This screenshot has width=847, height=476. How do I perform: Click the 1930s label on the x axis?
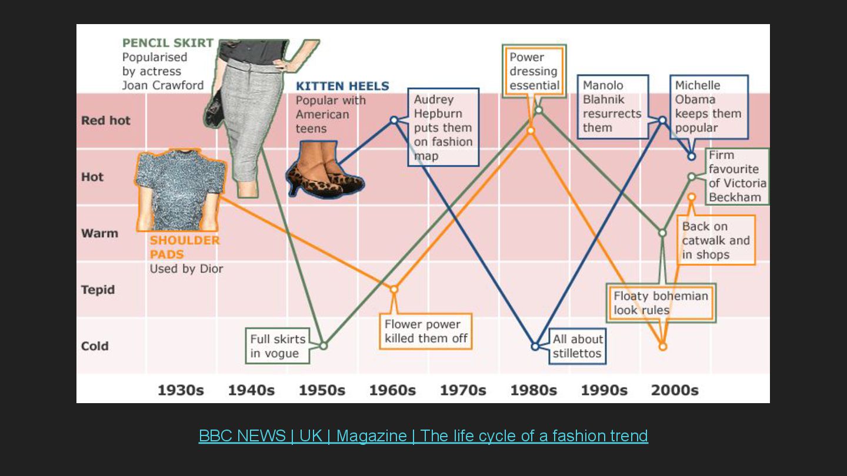(x=181, y=390)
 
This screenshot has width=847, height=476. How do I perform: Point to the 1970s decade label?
(x=463, y=390)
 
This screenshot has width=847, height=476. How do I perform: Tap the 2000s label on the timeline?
(x=675, y=390)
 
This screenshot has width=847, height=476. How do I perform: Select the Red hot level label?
(x=106, y=120)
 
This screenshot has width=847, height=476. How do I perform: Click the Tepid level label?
(x=98, y=290)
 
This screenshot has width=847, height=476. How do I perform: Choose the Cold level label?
(x=95, y=346)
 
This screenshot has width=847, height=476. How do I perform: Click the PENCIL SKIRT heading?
(x=168, y=43)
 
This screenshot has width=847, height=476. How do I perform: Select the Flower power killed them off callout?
(x=425, y=331)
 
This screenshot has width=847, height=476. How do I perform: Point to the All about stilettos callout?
(x=577, y=346)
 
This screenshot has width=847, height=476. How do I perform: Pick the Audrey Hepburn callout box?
(x=443, y=128)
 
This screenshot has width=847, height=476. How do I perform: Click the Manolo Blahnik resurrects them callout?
(x=612, y=106)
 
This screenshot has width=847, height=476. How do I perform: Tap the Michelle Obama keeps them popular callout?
(x=708, y=106)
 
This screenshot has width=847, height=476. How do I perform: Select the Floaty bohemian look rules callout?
(x=661, y=303)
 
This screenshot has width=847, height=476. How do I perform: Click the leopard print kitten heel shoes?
(x=325, y=176)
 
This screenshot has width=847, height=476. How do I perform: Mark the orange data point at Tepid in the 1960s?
(x=394, y=289)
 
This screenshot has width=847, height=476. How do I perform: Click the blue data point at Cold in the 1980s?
(x=535, y=346)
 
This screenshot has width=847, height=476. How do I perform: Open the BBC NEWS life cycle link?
(x=423, y=436)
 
